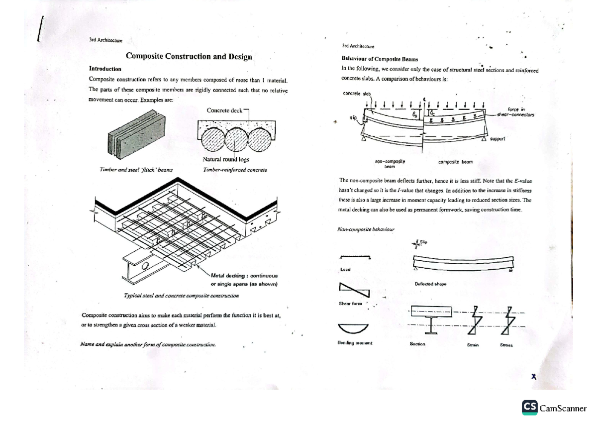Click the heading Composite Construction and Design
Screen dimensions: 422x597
point(189,57)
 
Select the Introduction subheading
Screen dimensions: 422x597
point(105,69)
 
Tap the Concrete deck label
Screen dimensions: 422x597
point(224,110)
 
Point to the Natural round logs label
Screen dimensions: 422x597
point(226,160)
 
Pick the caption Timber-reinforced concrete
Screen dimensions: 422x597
point(235,170)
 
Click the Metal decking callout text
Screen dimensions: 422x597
point(244,279)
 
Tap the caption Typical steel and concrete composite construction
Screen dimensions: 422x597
point(181,296)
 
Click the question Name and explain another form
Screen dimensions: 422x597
point(148,344)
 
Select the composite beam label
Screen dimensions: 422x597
point(455,162)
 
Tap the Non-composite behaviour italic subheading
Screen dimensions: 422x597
point(365,229)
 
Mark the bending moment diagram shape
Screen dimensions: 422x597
point(354,327)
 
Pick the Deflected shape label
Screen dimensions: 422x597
point(430,284)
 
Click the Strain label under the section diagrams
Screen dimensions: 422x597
point(472,344)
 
